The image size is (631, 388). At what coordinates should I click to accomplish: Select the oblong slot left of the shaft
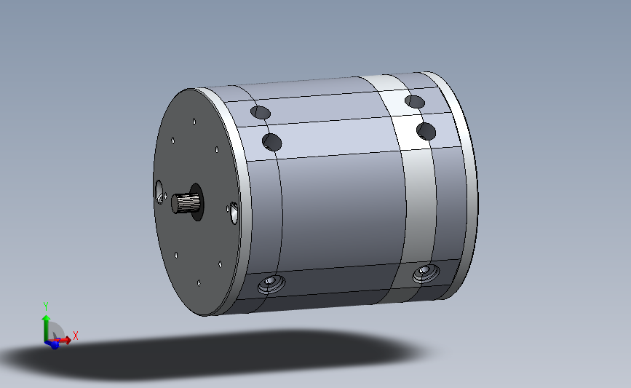tap(159, 192)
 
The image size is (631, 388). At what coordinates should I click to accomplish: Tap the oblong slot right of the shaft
tap(233, 212)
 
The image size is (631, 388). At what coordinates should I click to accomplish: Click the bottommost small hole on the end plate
tap(199, 282)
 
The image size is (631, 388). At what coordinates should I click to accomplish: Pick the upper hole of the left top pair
tap(260, 113)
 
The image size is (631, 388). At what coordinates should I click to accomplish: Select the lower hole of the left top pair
tap(272, 141)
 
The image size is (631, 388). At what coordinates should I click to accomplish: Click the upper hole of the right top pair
tap(415, 101)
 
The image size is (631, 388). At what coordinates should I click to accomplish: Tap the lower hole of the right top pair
tap(426, 131)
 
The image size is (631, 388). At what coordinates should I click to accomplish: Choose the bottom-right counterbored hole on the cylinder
tap(423, 274)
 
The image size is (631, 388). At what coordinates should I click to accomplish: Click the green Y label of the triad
tap(45, 306)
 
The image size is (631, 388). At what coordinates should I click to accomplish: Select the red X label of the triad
tap(75, 336)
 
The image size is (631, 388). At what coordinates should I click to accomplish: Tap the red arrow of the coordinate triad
tap(64, 339)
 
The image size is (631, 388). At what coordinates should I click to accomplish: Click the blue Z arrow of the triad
tap(53, 344)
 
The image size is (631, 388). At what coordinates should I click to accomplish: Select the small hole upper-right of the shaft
tap(217, 150)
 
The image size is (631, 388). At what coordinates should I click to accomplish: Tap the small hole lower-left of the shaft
tap(177, 256)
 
